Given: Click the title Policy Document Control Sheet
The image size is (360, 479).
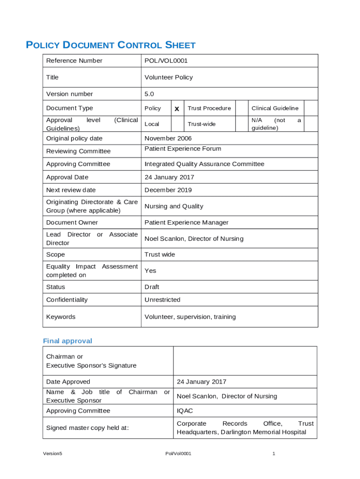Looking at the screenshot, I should pyautogui.click(x=110, y=45).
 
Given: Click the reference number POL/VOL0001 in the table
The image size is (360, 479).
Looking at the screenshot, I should pyautogui.click(x=166, y=61).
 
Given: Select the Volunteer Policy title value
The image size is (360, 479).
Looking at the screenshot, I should pyautogui.click(x=168, y=77).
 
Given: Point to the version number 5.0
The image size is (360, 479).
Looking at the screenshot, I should pyautogui.click(x=149, y=94).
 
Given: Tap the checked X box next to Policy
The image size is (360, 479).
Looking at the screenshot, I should pyautogui.click(x=177, y=109).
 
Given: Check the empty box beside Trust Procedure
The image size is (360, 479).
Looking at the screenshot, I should pyautogui.click(x=241, y=108).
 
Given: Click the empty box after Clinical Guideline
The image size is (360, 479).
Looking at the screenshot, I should pyautogui.click(x=311, y=108).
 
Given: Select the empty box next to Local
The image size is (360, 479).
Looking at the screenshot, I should pyautogui.click(x=177, y=124).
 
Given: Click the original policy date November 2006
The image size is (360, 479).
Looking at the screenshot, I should pyautogui.click(x=168, y=138).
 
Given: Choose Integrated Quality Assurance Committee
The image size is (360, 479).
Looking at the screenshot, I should pyautogui.click(x=204, y=164).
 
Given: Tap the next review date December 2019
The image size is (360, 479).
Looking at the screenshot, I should pyautogui.click(x=168, y=190).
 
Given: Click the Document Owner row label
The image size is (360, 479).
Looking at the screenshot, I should pyautogui.click(x=72, y=223).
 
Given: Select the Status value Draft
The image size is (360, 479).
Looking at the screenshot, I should pyautogui.click(x=152, y=287).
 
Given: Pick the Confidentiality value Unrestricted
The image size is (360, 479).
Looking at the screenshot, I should pyautogui.click(x=162, y=300).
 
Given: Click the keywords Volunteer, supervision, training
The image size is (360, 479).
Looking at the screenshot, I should pyautogui.click(x=190, y=317).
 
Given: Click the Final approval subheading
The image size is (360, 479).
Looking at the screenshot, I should pyautogui.click(x=67, y=341).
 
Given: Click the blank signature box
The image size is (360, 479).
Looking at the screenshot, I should pyautogui.click(x=245, y=361).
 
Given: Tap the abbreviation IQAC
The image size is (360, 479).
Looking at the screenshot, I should pyautogui.click(x=185, y=411).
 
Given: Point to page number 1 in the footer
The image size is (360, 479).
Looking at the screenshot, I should pyautogui.click(x=274, y=454).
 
